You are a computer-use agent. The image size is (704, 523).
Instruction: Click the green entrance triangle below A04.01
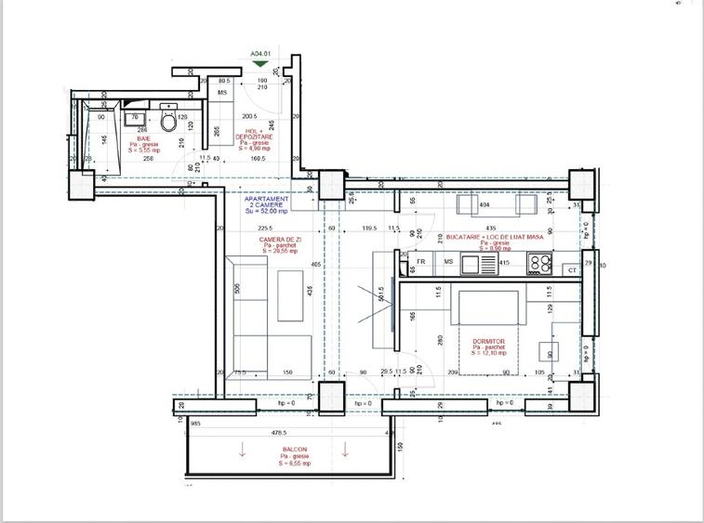[x=260, y=64]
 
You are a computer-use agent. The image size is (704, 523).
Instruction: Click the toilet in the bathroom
[x=167, y=119]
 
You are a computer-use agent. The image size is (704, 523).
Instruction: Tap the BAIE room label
[x=144, y=139]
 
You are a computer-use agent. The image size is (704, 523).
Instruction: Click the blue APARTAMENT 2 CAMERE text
[x=266, y=204]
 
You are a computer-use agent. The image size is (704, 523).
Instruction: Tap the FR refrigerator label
[x=421, y=263]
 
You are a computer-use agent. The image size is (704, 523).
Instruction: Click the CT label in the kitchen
[x=572, y=269]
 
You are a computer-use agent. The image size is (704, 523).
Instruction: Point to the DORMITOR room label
[x=487, y=346]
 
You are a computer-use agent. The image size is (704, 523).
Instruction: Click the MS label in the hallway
[x=223, y=93]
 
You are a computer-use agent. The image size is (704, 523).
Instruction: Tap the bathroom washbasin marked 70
[x=136, y=117]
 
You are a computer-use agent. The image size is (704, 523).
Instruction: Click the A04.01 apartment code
[x=260, y=54]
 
